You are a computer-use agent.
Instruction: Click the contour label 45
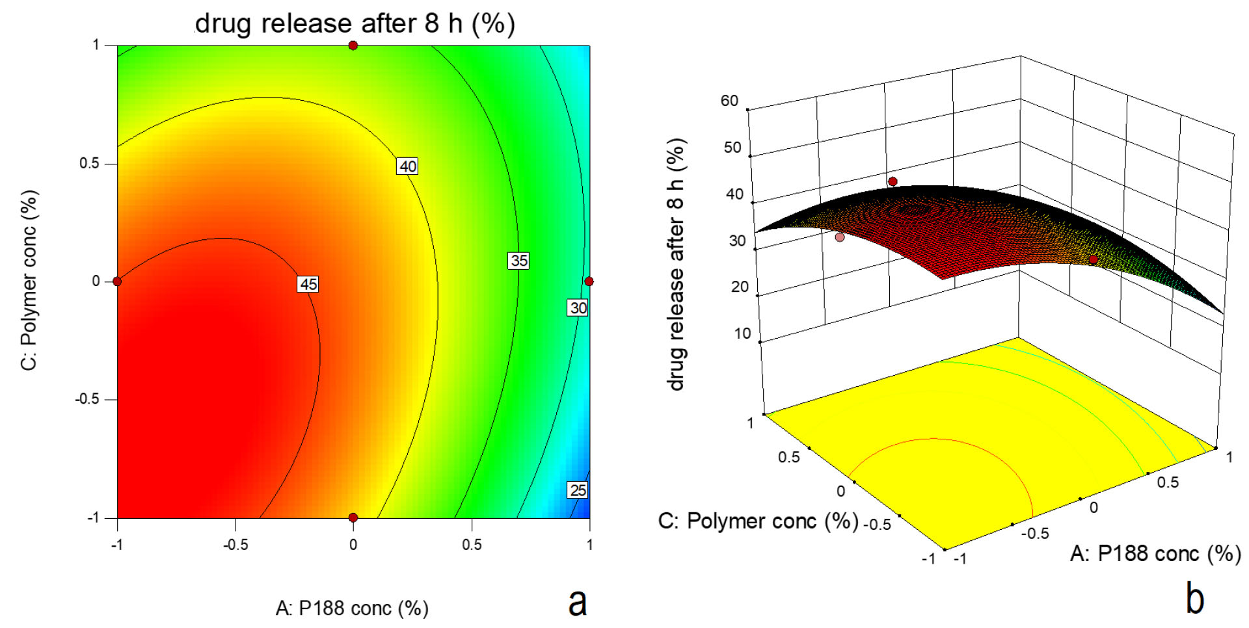(308, 284)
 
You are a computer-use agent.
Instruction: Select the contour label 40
(407, 166)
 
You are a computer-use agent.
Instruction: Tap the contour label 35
(518, 261)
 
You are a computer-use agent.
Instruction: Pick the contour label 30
(578, 307)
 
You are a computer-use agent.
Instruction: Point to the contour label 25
(578, 490)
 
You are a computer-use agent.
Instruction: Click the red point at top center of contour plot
(353, 46)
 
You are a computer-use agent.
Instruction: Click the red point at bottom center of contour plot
(353, 517)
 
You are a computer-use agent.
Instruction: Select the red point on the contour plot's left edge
(117, 281)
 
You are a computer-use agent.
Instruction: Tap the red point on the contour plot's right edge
(589, 281)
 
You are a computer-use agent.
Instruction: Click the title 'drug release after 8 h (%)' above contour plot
(355, 24)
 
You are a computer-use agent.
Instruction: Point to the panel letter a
(577, 601)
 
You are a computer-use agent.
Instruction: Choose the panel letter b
(1194, 598)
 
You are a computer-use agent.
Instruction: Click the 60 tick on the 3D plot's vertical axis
(730, 101)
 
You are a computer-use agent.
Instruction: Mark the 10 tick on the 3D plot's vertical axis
(742, 334)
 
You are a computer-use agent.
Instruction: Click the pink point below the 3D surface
(840, 237)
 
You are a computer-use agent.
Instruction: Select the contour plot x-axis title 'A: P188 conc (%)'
(352, 608)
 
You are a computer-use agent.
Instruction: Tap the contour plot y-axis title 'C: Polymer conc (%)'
(29, 280)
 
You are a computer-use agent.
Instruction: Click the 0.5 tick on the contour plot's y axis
(90, 163)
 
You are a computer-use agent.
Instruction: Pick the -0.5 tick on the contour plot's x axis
(235, 545)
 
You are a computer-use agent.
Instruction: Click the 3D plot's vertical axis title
(677, 264)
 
